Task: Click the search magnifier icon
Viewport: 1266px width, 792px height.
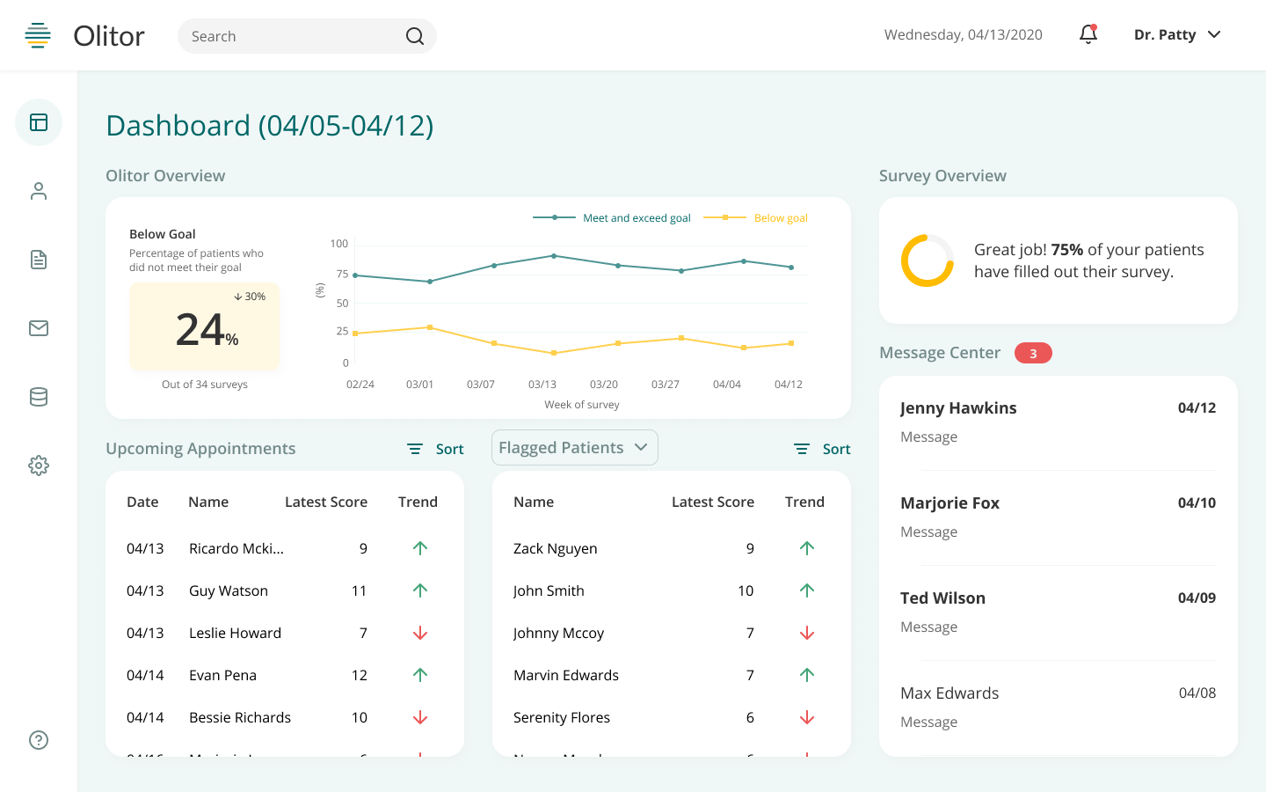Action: pos(415,36)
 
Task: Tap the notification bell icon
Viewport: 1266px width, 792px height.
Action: pos(1088,34)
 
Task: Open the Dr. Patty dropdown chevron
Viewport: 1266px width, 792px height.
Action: pos(1214,34)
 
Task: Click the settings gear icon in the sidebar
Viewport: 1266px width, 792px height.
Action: pos(39,466)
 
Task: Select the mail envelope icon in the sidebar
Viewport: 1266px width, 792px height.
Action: pos(39,328)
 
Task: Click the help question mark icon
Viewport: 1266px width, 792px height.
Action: pos(39,740)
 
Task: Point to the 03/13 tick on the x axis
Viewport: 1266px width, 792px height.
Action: pos(542,385)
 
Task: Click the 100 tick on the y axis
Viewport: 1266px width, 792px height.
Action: pos(338,244)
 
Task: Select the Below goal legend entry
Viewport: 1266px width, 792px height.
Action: pos(780,218)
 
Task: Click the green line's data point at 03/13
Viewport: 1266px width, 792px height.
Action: pos(554,256)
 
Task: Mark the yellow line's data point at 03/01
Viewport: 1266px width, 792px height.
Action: pos(430,327)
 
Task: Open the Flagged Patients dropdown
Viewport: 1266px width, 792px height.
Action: pos(574,448)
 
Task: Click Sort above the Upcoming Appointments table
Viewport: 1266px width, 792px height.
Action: pos(436,449)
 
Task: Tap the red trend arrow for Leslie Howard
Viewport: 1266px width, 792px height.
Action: pos(420,633)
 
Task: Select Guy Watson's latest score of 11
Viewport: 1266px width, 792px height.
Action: pos(359,590)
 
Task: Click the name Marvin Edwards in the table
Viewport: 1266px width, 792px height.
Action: pos(566,675)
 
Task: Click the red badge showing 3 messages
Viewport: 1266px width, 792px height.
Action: pos(1033,353)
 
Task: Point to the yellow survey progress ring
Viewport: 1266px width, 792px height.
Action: pos(927,260)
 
